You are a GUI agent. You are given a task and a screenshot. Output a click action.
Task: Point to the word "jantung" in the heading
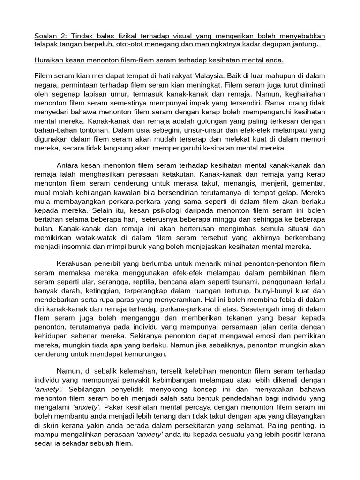coord(304,45)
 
